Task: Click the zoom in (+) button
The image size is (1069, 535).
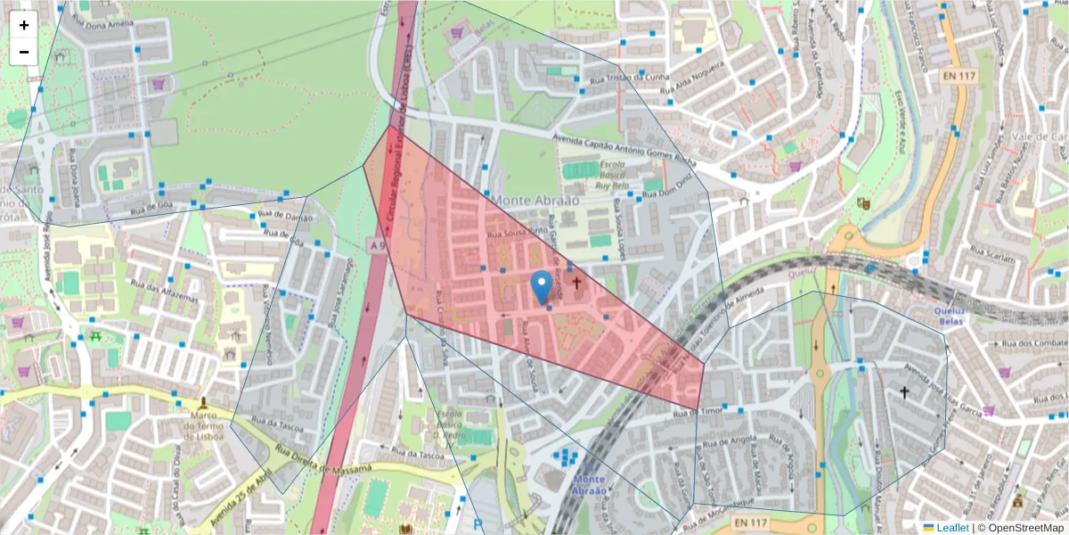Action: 24,25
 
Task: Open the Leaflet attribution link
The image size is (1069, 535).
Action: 951,528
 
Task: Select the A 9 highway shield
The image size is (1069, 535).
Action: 376,243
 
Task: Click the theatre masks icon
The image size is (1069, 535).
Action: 861,202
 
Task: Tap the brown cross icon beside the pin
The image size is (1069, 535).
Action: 576,284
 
